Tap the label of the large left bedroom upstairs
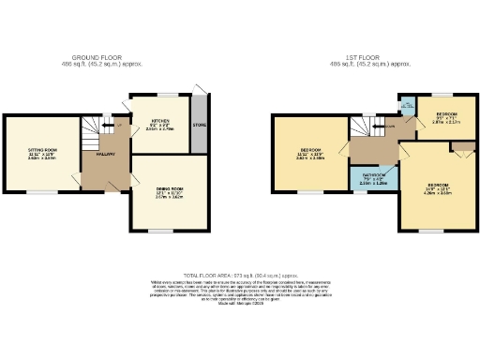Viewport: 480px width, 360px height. click(309, 153)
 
